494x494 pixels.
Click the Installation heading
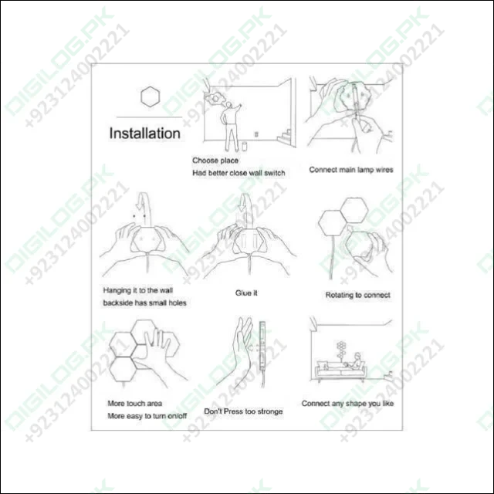[x=144, y=133]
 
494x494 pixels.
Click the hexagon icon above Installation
[x=150, y=96]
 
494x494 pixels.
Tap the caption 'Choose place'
[x=215, y=160]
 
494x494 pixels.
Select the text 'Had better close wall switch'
[x=239, y=173]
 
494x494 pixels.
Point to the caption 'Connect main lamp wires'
[x=351, y=169]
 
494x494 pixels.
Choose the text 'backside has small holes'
[x=144, y=303]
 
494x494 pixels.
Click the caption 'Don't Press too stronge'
[x=243, y=411]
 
